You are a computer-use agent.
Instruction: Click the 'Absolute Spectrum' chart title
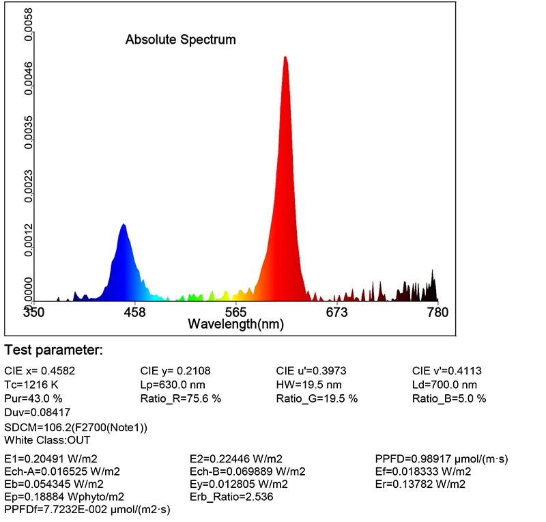180,40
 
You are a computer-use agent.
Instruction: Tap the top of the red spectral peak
285,57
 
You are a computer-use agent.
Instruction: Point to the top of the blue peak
124,225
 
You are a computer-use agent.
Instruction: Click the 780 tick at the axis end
437,312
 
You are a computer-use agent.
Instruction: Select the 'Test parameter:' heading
53,351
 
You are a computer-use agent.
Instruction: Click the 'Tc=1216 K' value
31,385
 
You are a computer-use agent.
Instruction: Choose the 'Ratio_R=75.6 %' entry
180,398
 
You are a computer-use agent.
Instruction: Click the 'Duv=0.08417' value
37,412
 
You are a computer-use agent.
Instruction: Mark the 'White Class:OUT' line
47,440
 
